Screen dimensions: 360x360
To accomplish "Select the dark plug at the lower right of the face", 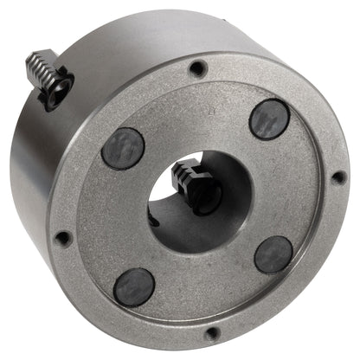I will pos(274,254).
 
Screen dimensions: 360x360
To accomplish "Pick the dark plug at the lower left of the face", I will pos(136,286).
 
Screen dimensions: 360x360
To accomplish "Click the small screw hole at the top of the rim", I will pos(198,68).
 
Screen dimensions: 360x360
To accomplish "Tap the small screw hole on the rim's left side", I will pos(62,237).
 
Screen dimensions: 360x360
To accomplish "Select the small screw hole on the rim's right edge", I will pos(338,177).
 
